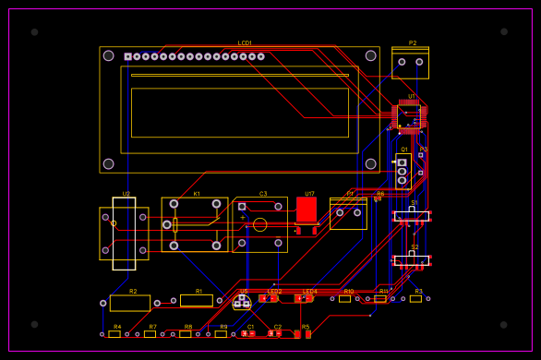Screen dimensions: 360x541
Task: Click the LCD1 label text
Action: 245,42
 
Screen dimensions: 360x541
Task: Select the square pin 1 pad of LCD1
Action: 128,56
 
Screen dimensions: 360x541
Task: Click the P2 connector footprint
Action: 410,64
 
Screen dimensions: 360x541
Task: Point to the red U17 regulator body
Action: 307,210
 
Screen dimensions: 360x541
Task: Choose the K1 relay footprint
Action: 195,224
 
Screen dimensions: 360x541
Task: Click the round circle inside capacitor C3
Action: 259,224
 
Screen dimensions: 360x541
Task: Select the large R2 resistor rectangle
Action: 130,303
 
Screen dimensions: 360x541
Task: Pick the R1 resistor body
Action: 197,300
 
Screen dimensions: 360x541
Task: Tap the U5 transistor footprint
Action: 242,301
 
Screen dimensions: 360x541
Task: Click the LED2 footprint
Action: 270,298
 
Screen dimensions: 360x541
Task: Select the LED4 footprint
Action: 304,298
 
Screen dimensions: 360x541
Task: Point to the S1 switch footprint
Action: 412,216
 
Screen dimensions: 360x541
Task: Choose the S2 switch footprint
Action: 412,260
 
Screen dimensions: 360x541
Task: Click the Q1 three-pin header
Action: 403,170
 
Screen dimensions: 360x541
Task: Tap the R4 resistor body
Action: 114,334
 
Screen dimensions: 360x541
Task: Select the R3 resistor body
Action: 416,298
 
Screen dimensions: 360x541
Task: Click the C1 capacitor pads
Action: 249,333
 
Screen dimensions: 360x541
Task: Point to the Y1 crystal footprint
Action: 348,213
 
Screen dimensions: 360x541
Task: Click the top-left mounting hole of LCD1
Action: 109,55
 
